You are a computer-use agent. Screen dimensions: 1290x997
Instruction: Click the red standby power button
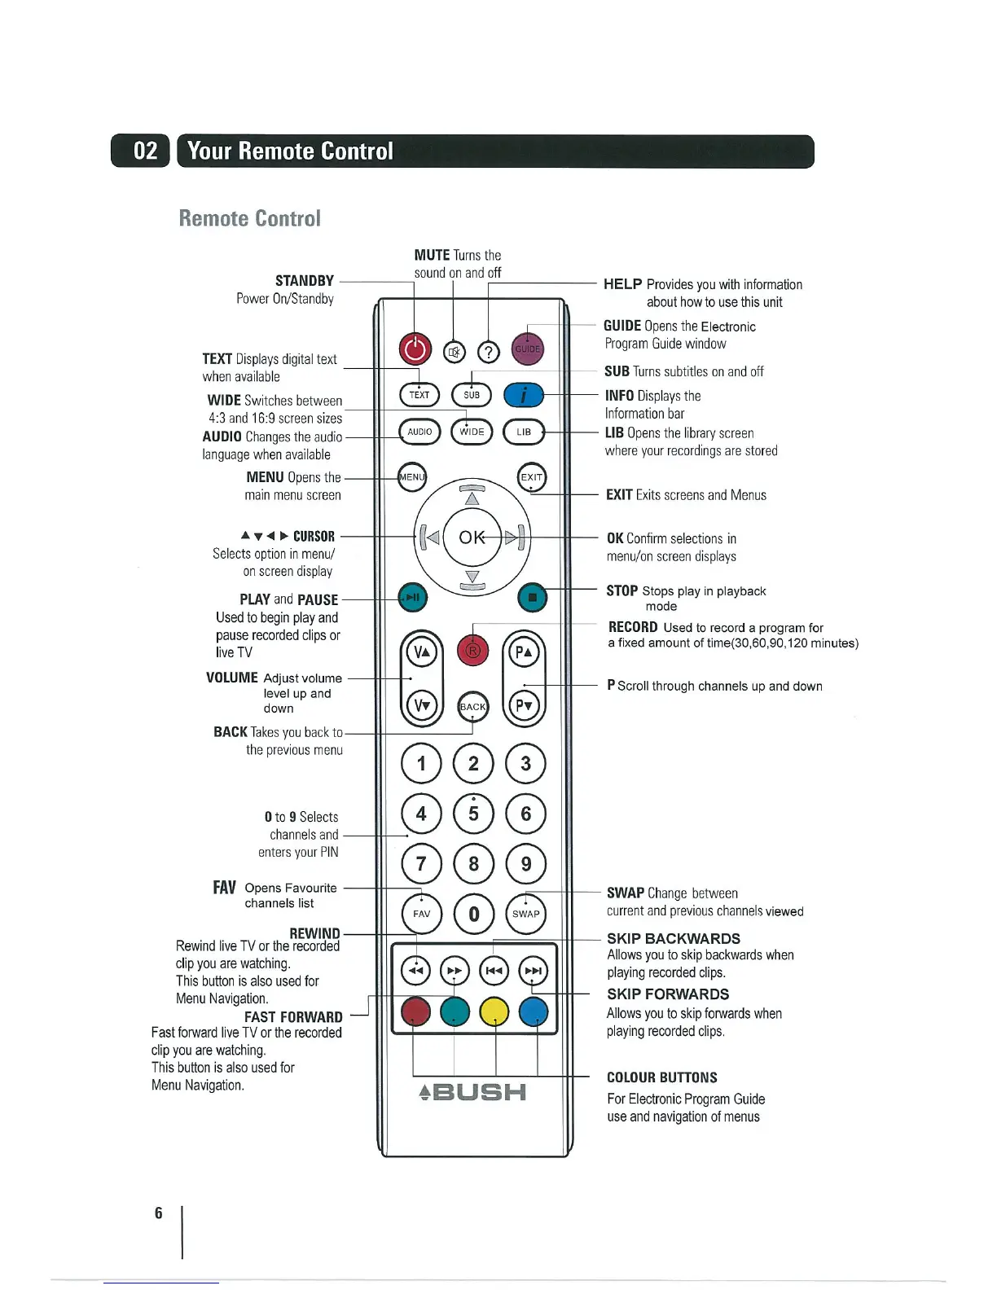point(415,349)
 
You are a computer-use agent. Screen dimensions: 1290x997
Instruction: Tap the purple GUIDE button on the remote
point(527,349)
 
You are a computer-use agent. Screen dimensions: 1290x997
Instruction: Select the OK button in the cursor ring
point(472,537)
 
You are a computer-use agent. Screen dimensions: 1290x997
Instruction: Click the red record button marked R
point(473,650)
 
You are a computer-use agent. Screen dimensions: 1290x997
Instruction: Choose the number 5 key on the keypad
point(473,813)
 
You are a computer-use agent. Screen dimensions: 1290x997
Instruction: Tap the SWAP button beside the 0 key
point(525,914)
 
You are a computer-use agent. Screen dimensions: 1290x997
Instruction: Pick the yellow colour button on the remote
point(494,1012)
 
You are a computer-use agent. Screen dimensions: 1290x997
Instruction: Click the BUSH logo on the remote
point(472,1092)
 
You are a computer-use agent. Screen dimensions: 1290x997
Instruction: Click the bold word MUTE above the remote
point(432,255)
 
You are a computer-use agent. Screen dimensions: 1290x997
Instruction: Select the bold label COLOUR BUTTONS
point(661,1077)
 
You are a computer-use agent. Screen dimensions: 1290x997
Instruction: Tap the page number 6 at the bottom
point(158,1213)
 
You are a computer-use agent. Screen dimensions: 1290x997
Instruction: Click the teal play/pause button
point(412,598)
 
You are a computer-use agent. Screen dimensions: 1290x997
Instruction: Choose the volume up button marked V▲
point(421,652)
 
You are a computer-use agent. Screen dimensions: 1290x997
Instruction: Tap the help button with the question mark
point(488,352)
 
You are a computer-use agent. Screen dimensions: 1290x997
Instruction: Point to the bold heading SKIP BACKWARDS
point(673,938)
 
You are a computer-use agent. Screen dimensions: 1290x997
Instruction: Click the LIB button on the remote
point(524,432)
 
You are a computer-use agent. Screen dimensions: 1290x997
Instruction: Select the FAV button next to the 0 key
point(421,914)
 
